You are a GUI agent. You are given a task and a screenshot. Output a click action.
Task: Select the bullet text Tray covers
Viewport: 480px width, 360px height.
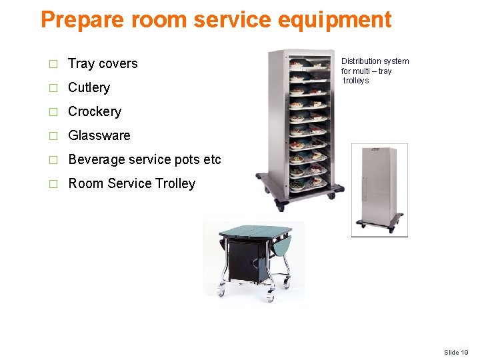[x=103, y=64]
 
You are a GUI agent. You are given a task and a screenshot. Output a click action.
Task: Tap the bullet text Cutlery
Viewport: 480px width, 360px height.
[x=89, y=88]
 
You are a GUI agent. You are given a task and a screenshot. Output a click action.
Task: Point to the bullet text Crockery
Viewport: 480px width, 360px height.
[x=95, y=112]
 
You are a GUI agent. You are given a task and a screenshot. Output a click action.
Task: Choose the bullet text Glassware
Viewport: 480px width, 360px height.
[x=99, y=136]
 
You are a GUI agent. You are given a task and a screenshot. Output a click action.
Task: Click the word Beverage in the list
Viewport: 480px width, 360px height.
[x=97, y=160]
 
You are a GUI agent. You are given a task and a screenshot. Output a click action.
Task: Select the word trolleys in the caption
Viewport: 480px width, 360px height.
[x=356, y=81]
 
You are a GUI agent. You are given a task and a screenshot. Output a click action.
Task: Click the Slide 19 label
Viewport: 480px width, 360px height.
[x=456, y=352]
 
